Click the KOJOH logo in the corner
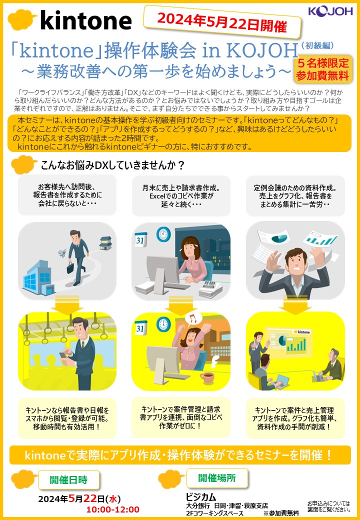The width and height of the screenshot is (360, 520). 330,11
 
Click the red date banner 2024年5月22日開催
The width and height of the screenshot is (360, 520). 222,22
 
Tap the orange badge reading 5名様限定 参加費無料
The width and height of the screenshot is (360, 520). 322,69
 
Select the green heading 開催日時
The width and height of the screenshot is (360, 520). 68,479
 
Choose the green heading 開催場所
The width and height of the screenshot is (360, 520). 217,478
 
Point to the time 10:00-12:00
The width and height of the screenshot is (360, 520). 113,509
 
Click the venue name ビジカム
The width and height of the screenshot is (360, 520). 201,497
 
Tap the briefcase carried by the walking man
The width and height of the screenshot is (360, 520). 70,267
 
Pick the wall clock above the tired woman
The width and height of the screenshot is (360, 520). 163,233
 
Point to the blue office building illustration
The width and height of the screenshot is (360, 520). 38,277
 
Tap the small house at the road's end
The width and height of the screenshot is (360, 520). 105,243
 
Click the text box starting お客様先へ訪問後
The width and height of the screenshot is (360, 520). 67,195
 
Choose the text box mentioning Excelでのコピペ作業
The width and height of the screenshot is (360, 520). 181,195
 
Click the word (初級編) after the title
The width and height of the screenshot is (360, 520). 317,46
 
